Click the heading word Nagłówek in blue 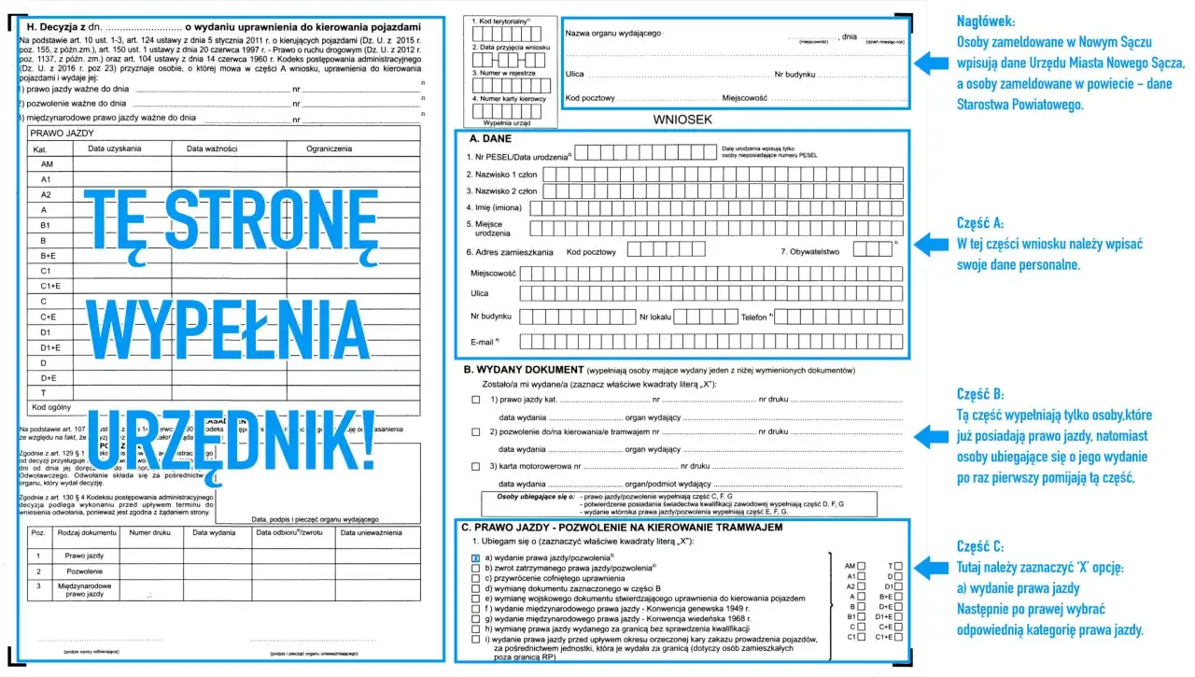pyautogui.click(x=988, y=21)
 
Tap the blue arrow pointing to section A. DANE pyautogui.click(x=931, y=245)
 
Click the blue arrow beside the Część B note pyautogui.click(x=931, y=435)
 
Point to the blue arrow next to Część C pyautogui.click(x=931, y=567)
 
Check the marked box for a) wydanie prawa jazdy pyautogui.click(x=476, y=558)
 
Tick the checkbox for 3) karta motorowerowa pyautogui.click(x=476, y=465)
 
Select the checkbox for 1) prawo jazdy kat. pyautogui.click(x=476, y=400)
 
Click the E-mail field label pyautogui.click(x=482, y=343)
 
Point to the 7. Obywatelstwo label pyautogui.click(x=810, y=251)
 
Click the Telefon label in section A pyautogui.click(x=756, y=317)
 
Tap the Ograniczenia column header pyautogui.click(x=330, y=148)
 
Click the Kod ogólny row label pyautogui.click(x=50, y=408)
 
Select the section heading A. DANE pyautogui.click(x=489, y=138)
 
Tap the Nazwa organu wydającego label pyautogui.click(x=613, y=34)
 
